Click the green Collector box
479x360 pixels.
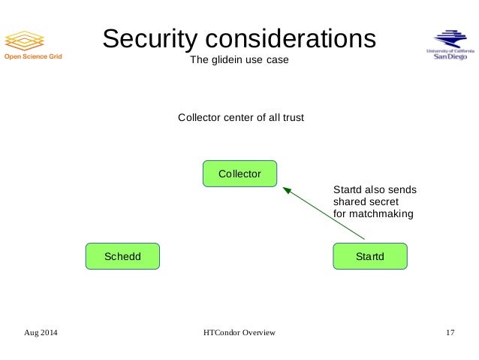click(239, 174)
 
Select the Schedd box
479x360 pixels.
click(123, 256)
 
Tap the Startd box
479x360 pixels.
click(369, 256)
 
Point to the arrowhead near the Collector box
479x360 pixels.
click(286, 190)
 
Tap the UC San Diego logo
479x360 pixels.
click(450, 45)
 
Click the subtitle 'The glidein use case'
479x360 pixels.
click(239, 61)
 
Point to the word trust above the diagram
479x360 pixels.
click(291, 118)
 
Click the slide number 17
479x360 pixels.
click(450, 331)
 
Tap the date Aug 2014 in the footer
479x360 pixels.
click(41, 331)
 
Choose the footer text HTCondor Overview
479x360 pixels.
click(239, 331)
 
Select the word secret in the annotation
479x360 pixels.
click(384, 201)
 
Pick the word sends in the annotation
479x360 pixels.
click(402, 189)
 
